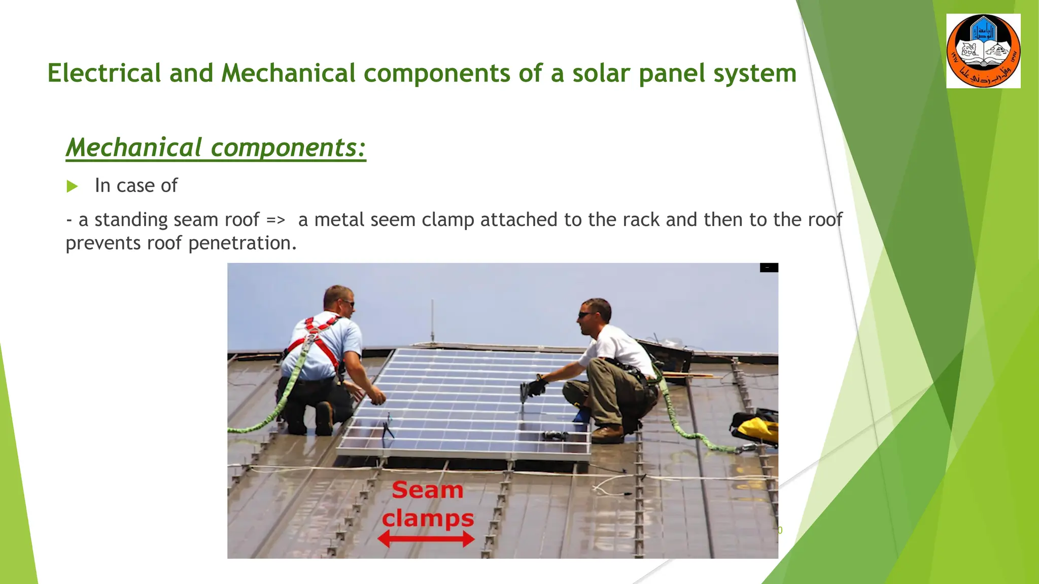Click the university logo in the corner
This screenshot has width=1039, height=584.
983,51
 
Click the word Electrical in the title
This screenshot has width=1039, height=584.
104,73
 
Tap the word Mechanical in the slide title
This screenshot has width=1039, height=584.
288,73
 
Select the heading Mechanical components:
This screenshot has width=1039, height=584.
216,148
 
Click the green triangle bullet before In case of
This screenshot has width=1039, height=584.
72,187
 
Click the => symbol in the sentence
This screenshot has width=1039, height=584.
276,220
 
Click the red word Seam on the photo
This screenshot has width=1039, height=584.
427,490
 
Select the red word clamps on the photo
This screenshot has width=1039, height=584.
427,519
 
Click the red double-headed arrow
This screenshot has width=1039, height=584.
426,539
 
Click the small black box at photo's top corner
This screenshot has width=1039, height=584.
769,268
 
